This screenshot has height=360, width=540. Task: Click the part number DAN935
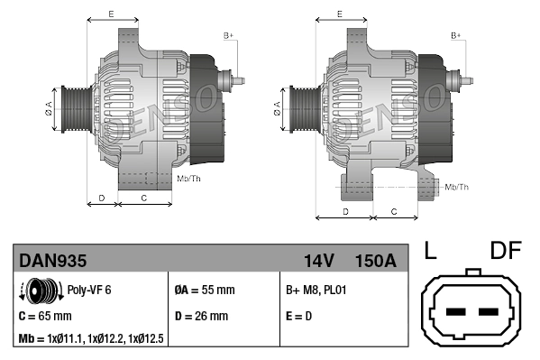[x=54, y=261]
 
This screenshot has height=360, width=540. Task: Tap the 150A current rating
[x=375, y=261]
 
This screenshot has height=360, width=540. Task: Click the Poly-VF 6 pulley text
[x=90, y=291]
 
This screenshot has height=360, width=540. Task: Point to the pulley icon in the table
[x=40, y=291]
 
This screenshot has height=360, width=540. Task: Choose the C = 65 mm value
[x=46, y=317]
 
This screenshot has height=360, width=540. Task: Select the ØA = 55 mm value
[x=204, y=291]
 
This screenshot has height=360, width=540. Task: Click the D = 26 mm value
[x=202, y=317]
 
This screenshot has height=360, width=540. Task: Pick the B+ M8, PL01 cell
[x=316, y=291]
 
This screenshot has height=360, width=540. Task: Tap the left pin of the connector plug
[x=454, y=312]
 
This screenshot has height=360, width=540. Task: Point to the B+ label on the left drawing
[x=229, y=35]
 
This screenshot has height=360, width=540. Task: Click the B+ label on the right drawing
[x=456, y=35]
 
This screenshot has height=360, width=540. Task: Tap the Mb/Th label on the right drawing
[x=457, y=187]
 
